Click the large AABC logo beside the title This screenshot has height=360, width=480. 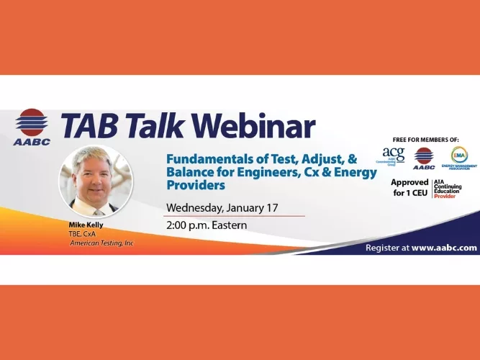point(31,127)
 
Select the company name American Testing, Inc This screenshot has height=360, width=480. point(101,243)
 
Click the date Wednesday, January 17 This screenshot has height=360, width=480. point(222,208)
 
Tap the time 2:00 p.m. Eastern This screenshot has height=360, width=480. point(207,225)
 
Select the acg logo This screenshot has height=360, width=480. point(394,156)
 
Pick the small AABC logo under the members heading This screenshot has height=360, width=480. point(424,157)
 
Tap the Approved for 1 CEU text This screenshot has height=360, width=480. point(409,187)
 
